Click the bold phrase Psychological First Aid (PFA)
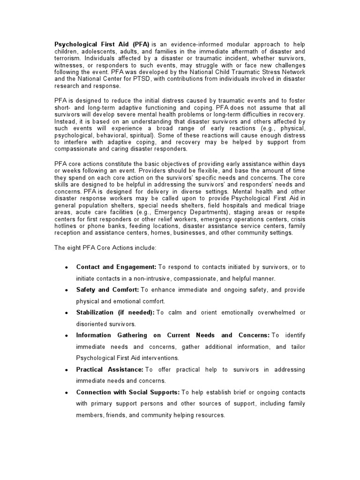point(99,44)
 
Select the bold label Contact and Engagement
point(116,267)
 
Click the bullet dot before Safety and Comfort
point(67,291)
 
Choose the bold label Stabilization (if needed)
point(115,313)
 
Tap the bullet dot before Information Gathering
point(67,336)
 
